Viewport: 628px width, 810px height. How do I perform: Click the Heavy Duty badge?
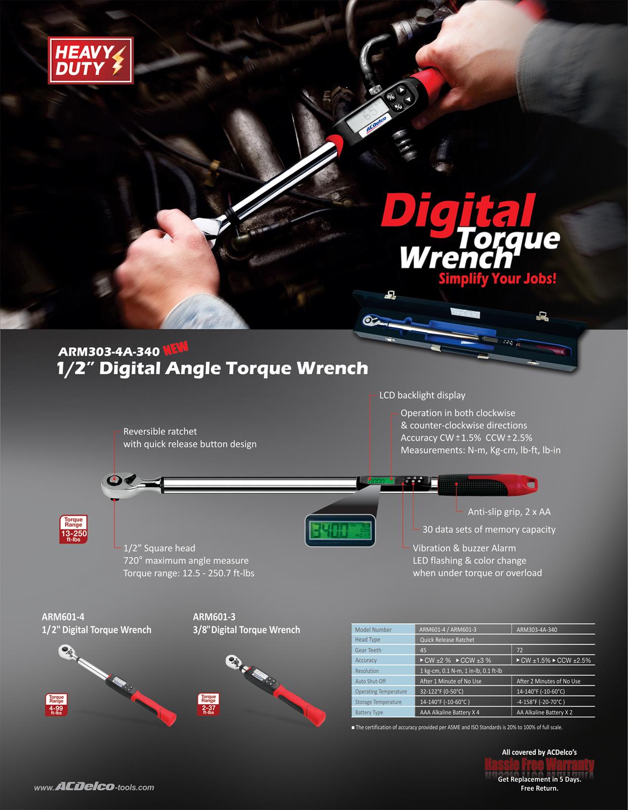coord(91,60)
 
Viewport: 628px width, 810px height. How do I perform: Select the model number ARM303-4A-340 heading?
coord(109,351)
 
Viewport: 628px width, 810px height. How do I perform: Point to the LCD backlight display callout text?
coord(422,395)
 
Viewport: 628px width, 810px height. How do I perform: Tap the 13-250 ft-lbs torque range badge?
coord(73,529)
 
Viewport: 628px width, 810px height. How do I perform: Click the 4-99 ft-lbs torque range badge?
coord(56,705)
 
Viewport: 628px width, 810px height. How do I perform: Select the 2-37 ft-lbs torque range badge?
coord(208,705)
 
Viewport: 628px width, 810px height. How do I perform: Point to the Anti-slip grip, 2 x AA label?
coord(509,512)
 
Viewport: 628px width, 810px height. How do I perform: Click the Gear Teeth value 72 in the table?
coord(520,650)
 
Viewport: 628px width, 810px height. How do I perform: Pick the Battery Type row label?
coord(369,712)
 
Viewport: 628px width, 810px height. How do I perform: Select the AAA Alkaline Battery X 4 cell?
coord(449,712)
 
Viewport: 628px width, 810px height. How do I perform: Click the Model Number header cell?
coord(373,630)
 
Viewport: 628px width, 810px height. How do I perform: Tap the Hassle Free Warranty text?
coord(539,765)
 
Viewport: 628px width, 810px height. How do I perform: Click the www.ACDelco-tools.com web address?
coord(94,787)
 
